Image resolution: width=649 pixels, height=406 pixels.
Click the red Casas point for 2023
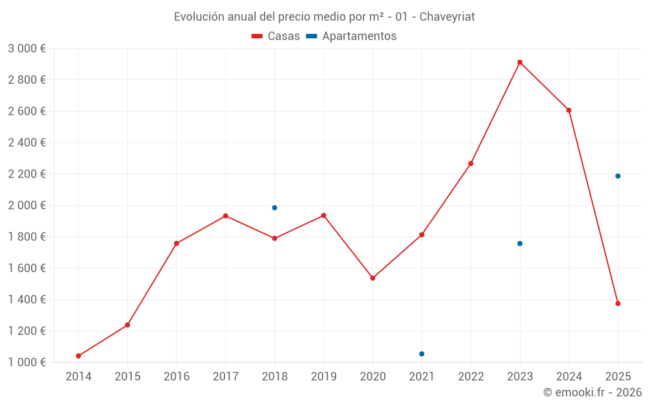tap(520, 62)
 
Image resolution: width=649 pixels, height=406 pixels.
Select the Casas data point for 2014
tap(79, 356)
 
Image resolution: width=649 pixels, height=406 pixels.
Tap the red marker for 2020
tap(373, 278)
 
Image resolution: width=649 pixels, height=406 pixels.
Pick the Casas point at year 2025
tap(618, 303)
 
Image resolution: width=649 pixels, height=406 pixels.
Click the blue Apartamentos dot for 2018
tap(275, 208)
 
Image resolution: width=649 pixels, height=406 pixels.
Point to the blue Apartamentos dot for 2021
tap(422, 354)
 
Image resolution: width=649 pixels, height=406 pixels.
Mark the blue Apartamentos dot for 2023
tap(520, 244)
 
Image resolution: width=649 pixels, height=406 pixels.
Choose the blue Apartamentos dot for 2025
tap(618, 176)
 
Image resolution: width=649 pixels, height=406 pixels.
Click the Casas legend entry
tap(276, 36)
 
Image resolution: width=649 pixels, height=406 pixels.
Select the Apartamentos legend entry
tap(351, 36)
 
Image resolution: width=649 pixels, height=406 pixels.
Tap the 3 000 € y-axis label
tap(27, 49)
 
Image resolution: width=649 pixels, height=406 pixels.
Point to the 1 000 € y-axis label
tap(27, 362)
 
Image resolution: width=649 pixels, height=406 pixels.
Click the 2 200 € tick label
tap(27, 174)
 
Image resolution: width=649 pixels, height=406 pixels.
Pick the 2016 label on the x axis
tap(177, 376)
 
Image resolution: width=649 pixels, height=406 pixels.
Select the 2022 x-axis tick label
tap(471, 376)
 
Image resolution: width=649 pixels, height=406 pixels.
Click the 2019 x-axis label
tap(324, 376)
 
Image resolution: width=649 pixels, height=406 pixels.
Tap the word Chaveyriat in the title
tap(447, 17)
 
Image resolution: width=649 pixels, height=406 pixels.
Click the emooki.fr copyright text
tap(593, 392)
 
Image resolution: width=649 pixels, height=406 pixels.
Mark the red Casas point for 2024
tap(569, 110)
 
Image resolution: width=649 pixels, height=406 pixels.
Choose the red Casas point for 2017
tap(225, 216)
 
